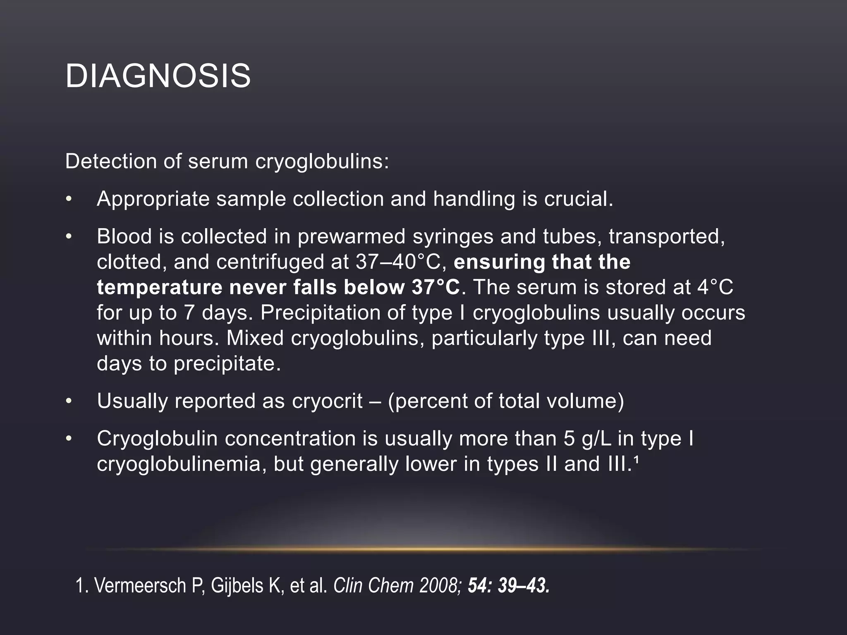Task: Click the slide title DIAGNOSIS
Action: pyautogui.click(x=158, y=76)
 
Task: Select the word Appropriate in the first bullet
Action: pyautogui.click(x=153, y=199)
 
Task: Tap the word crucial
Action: pyautogui.click(x=579, y=199)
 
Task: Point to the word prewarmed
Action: pyautogui.click(x=352, y=236)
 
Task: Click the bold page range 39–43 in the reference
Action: pyautogui.click(x=523, y=586)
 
